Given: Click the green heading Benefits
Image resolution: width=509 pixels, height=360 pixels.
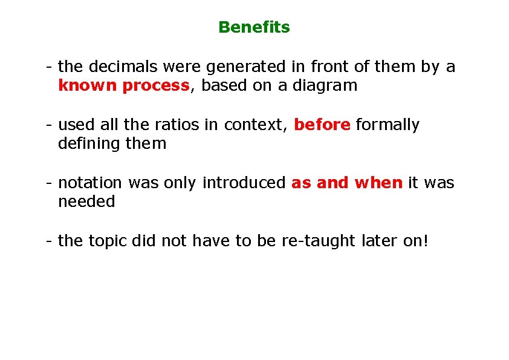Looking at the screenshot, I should coord(254,27).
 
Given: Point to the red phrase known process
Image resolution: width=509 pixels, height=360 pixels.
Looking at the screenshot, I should coord(123,86).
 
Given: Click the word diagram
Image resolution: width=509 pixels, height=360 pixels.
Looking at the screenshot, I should coord(325,86).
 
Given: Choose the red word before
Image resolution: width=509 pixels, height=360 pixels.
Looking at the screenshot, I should coord(322,125).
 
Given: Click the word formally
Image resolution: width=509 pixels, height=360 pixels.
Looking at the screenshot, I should coord(387,125).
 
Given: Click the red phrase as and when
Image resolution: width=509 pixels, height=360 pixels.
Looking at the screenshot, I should coord(346,183).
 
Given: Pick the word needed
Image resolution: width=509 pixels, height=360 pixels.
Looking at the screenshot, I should coord(86,202).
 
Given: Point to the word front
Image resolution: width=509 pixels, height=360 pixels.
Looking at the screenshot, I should coord(329,67).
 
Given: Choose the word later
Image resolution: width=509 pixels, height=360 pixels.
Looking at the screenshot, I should coord(379,241).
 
